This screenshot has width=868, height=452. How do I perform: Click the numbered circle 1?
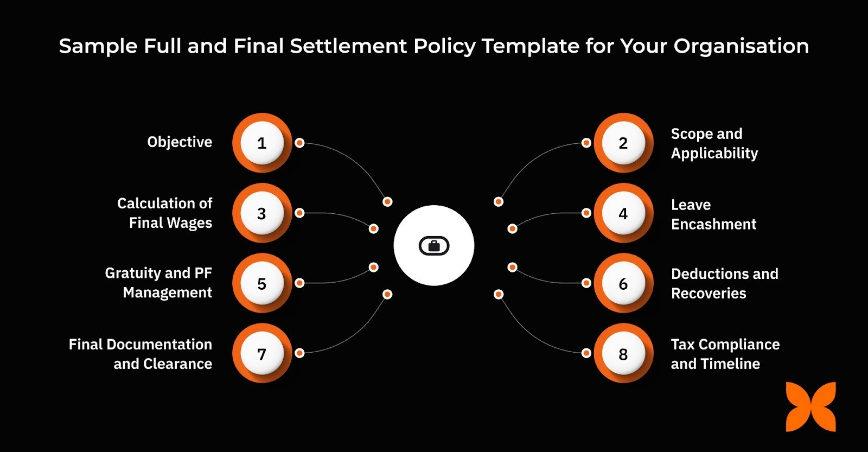tap(262, 143)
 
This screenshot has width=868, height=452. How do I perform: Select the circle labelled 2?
tap(623, 143)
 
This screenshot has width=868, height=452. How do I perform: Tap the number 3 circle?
tap(262, 213)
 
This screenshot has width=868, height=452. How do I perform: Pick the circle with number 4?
tap(623, 213)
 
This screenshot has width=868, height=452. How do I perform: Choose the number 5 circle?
tap(262, 283)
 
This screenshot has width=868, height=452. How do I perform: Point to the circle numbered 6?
tap(623, 283)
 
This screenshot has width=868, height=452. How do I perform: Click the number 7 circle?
tap(262, 354)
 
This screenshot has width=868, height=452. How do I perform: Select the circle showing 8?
tap(623, 354)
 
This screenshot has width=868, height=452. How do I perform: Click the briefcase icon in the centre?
tap(434, 246)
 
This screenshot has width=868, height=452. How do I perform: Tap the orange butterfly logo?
tap(810, 407)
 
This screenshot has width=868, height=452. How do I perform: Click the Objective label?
tap(180, 142)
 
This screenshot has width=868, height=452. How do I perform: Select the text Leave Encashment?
tap(713, 214)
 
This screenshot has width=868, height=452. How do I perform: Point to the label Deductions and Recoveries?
tap(724, 283)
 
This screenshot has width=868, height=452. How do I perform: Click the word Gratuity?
tap(132, 273)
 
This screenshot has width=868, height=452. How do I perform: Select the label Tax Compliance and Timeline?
tap(725, 354)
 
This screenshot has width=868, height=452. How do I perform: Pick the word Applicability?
tap(714, 154)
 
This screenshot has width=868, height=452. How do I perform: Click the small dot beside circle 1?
tap(299, 143)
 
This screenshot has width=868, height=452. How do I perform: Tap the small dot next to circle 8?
tap(586, 353)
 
